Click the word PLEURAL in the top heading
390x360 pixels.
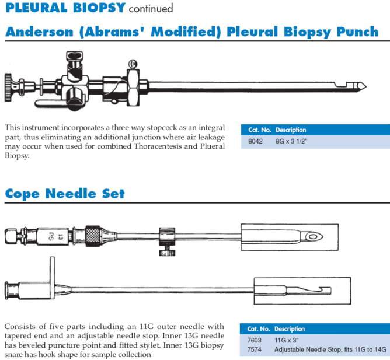[x=37, y=8]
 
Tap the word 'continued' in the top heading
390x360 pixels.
[x=151, y=8]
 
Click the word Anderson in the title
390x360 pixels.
[x=39, y=32]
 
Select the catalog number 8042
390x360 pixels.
[x=255, y=141]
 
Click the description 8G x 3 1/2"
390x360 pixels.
[x=291, y=141]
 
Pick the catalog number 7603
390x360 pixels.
[x=254, y=340]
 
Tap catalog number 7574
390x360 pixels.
[x=254, y=349]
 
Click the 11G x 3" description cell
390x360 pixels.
[x=286, y=340]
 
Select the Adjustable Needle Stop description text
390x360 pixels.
[x=330, y=349]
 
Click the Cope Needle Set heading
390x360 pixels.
[x=65, y=194]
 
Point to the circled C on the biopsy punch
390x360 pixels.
[x=133, y=64]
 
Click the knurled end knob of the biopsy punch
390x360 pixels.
[x=8, y=87]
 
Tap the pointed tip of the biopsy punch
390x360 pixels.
[x=366, y=86]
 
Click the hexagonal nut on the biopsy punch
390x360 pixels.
[x=133, y=88]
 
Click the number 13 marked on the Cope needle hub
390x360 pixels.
[x=60, y=237]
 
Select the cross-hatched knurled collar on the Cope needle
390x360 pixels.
[x=93, y=236]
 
